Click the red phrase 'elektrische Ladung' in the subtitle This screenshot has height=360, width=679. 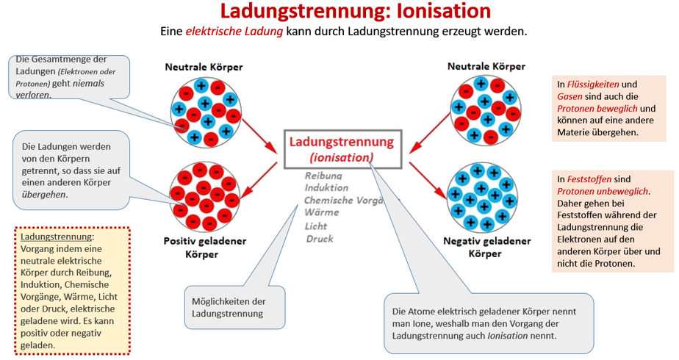tap(234, 32)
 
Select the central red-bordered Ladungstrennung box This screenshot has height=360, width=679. tap(342, 149)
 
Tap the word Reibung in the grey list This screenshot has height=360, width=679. tap(323, 176)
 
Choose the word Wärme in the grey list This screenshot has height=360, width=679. tap(322, 212)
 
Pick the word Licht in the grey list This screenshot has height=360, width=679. tap(317, 226)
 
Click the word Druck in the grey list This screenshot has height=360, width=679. tap(320, 238)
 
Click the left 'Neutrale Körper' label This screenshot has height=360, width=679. tap(204, 67)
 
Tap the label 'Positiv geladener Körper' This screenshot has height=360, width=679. tap(205, 248)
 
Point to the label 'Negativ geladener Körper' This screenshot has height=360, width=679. tap(484, 248)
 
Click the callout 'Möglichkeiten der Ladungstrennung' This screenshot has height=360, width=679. tap(227, 308)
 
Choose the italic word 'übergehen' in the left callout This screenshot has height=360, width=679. tap(44, 194)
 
